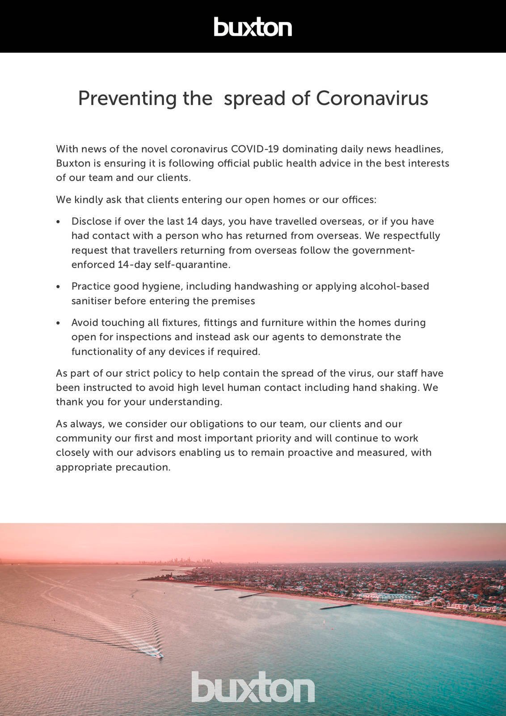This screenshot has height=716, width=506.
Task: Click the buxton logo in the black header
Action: pyautogui.click(x=253, y=26)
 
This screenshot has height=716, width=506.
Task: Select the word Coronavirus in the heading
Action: pyautogui.click(x=372, y=98)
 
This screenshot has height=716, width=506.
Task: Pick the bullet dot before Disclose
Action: pyautogui.click(x=58, y=222)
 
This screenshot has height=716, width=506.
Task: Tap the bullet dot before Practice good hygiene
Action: pyautogui.click(x=58, y=287)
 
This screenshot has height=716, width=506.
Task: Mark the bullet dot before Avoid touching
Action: pyautogui.click(x=58, y=323)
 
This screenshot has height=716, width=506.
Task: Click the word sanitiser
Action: pyautogui.click(x=91, y=301)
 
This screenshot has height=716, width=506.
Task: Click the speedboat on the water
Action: pyautogui.click(x=159, y=656)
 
